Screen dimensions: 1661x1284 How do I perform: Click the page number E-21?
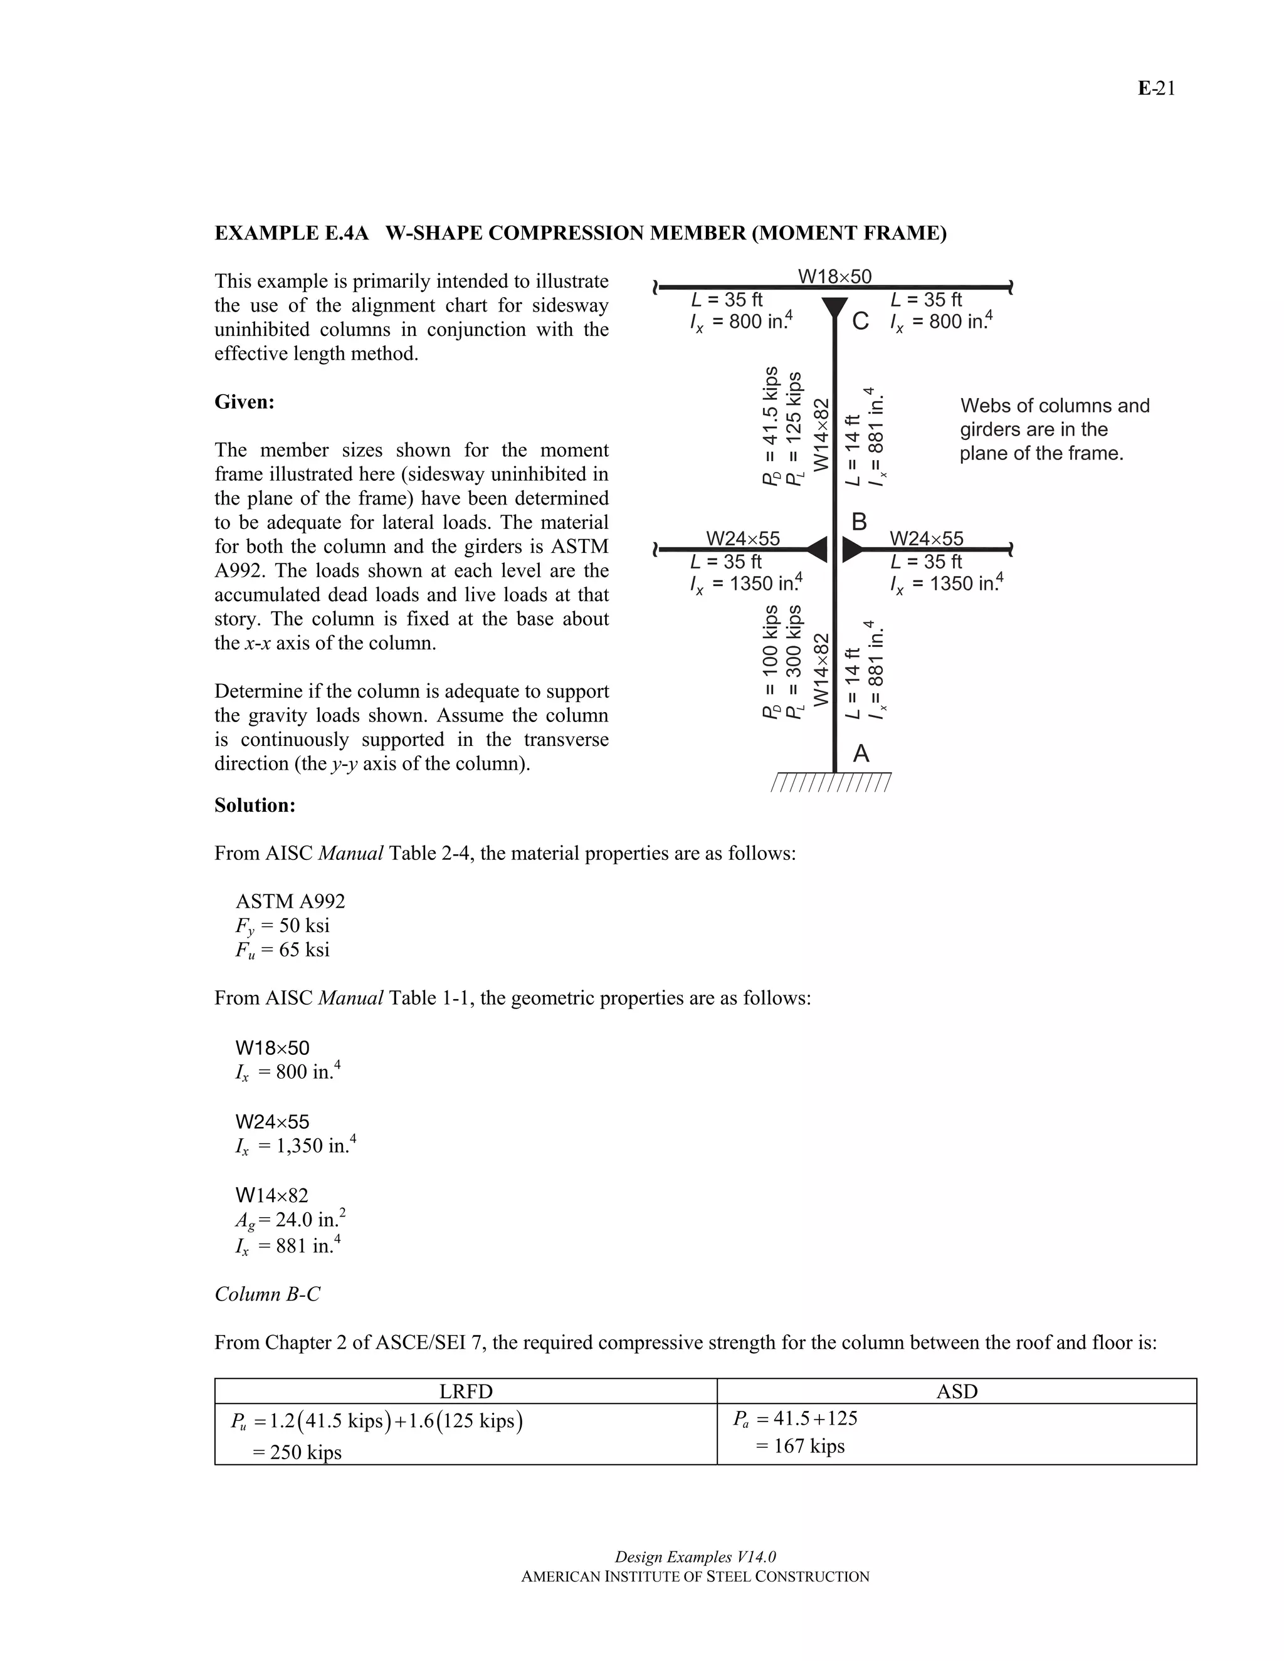(x=1156, y=89)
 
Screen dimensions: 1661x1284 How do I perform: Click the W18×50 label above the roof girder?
(x=834, y=276)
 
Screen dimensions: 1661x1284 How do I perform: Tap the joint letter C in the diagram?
(x=860, y=322)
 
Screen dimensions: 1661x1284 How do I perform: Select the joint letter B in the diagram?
(x=859, y=521)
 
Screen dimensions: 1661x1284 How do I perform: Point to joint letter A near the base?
(x=860, y=753)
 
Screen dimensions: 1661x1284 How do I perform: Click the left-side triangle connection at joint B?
(x=817, y=548)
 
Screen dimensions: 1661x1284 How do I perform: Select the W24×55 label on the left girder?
(x=742, y=538)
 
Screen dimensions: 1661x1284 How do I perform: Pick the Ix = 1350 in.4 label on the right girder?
(x=946, y=584)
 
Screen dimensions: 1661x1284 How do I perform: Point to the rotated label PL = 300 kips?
(x=793, y=662)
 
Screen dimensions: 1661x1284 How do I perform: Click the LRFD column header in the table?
(x=466, y=1391)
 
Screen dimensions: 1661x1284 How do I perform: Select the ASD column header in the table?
(x=956, y=1391)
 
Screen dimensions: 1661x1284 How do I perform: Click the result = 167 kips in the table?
(x=800, y=1446)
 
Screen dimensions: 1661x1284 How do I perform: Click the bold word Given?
(x=244, y=402)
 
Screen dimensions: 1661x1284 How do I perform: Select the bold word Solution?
(x=255, y=805)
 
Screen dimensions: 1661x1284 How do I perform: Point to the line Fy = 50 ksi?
(x=282, y=926)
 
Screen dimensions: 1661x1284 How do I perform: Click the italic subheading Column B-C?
(x=267, y=1294)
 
